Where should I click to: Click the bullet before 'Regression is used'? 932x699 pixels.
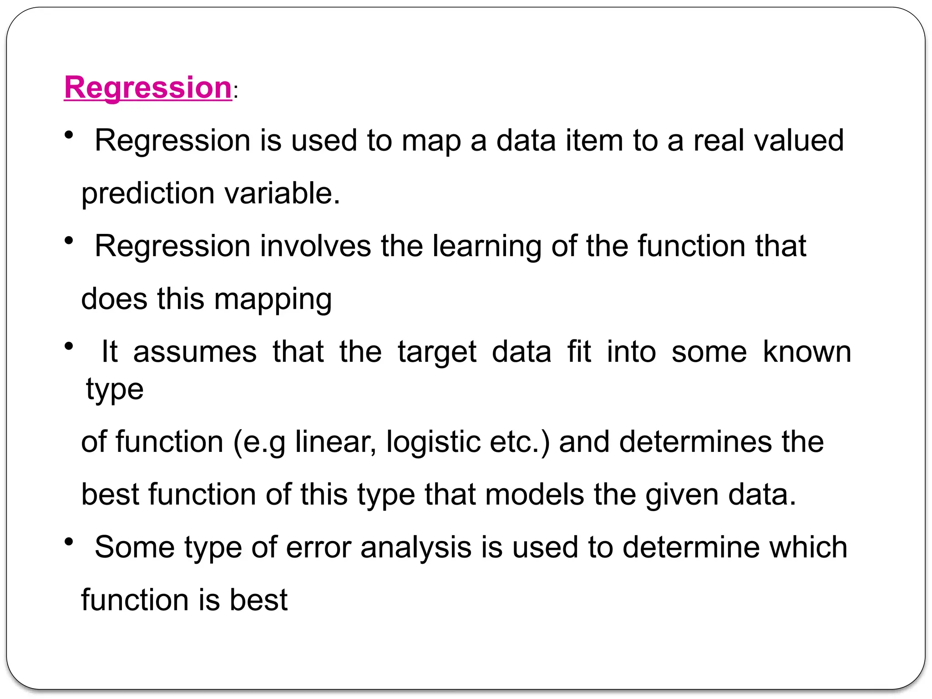(69, 135)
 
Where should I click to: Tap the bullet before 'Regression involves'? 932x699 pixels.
(69, 241)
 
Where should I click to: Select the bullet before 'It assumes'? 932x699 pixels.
(69, 347)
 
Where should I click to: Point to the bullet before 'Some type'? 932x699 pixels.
(69, 542)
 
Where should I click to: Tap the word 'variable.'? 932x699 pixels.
(282, 193)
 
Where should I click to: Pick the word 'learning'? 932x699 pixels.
(486, 246)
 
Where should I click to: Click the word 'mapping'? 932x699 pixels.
(273, 299)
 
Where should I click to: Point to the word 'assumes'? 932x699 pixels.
(195, 352)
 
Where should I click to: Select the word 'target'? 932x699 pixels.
(437, 353)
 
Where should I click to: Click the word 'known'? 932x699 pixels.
(807, 352)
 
